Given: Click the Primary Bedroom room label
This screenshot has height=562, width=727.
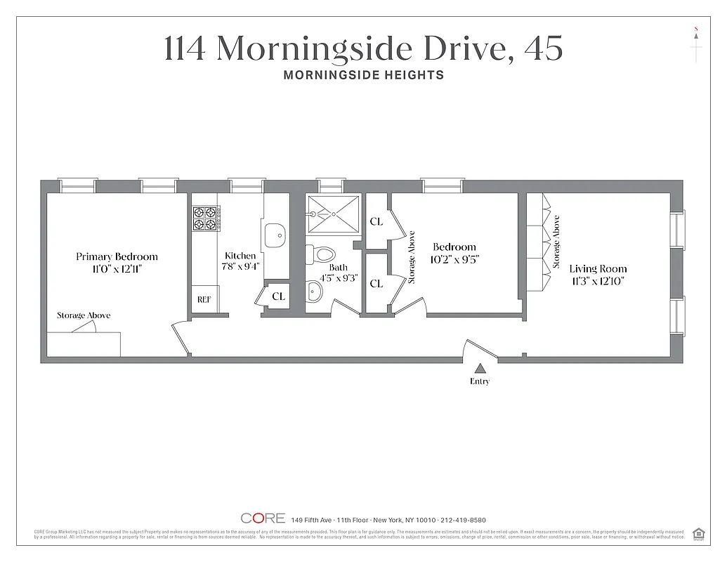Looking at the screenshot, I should tap(117, 256).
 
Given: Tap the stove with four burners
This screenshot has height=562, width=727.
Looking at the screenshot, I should tap(205, 218).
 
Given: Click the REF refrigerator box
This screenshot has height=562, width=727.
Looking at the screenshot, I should tap(204, 299).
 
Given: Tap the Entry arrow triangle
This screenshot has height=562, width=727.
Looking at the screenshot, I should tap(480, 368).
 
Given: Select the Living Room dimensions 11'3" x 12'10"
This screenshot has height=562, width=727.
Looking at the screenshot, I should tap(598, 281).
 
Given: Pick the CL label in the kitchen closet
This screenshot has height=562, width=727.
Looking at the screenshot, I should tap(279, 296).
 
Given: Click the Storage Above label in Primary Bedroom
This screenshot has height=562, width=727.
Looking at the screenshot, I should tap(84, 315).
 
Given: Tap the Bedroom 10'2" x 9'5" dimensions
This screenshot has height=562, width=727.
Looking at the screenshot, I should tap(455, 259).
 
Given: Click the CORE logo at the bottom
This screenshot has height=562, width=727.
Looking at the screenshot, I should tap(263, 518).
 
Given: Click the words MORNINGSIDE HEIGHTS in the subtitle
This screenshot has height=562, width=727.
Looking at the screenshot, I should tap(363, 75).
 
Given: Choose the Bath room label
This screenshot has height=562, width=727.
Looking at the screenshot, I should tap(338, 267).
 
